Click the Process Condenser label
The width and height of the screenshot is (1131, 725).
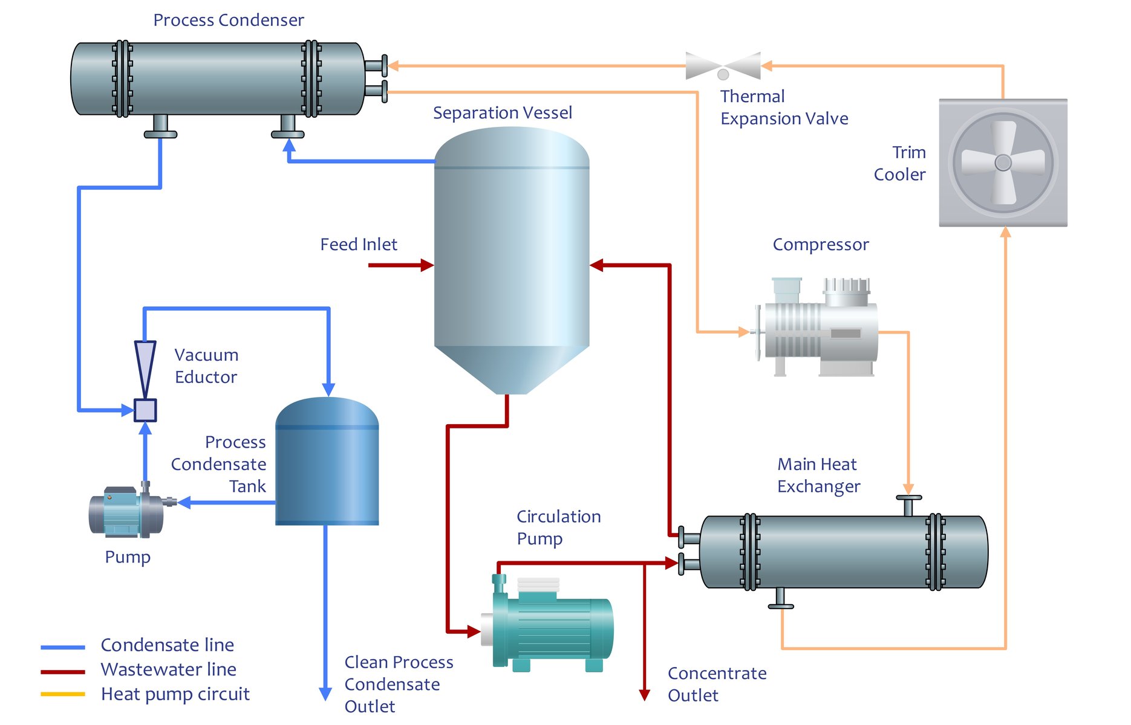tap(228, 20)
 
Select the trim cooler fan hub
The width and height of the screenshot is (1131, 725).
tap(1003, 163)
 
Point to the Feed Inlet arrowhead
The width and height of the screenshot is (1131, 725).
tap(427, 265)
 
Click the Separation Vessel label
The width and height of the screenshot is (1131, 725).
tap(502, 113)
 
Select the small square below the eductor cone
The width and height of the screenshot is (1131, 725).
tap(145, 410)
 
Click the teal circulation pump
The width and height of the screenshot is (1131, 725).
tap(550, 625)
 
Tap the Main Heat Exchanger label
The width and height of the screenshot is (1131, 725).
tap(818, 475)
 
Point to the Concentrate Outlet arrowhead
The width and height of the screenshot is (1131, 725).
tap(645, 695)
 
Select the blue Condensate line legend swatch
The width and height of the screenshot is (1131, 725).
tap(63, 647)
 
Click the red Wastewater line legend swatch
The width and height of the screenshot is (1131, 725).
tap(63, 671)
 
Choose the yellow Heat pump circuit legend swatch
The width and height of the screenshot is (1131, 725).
tap(63, 694)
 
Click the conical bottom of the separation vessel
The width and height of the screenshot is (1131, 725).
tap(512, 369)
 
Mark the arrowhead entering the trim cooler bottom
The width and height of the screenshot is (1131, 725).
tap(1005, 233)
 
